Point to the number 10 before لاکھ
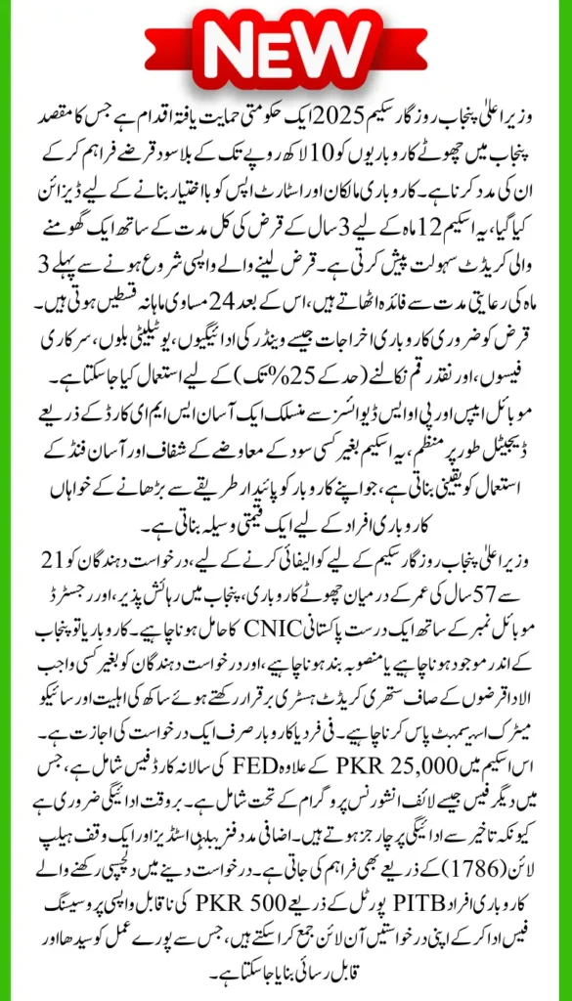click(333, 159)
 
